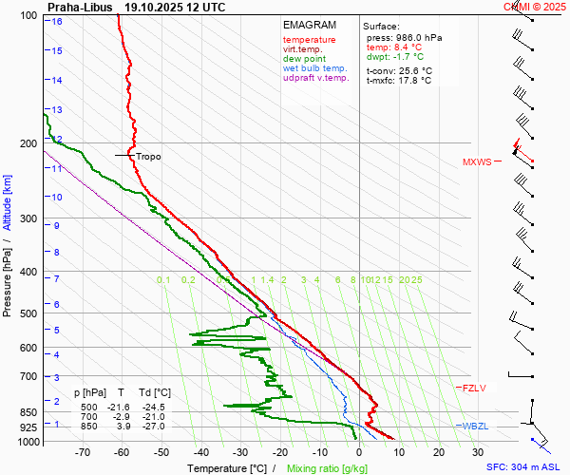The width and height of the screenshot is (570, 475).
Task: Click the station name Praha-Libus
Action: point(80,7)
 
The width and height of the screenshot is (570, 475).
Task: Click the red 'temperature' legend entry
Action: point(309,40)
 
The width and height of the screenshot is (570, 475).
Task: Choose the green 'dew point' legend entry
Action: point(304,59)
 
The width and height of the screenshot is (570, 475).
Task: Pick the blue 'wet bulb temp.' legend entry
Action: point(315,68)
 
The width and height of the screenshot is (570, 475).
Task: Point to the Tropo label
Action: point(148,156)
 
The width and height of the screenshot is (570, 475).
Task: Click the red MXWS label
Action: point(477,161)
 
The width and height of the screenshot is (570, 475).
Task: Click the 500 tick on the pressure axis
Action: point(30,313)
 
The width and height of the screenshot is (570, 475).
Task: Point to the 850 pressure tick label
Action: point(30,413)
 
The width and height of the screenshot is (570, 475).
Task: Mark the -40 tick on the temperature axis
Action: point(200,453)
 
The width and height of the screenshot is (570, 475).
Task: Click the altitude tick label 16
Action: point(57,21)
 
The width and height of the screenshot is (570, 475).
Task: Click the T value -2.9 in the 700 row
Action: point(121,417)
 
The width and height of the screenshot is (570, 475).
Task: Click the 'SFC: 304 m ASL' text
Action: point(526,467)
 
